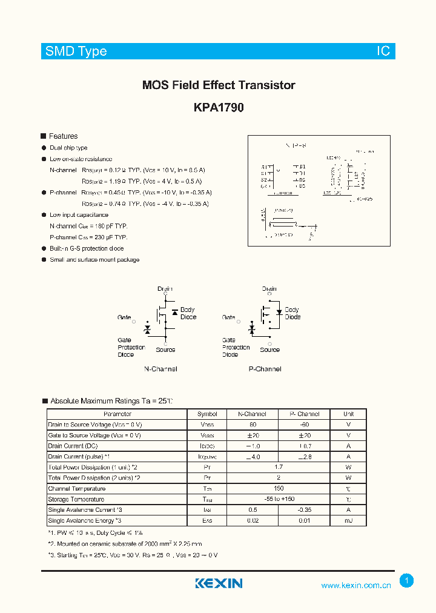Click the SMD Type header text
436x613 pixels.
coord(76,51)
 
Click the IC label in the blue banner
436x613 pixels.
coord(384,51)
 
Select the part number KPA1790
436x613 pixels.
coord(219,107)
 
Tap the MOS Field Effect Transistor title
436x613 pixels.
coord(219,85)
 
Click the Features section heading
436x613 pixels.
coord(63,136)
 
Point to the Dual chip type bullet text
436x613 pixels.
coord(68,148)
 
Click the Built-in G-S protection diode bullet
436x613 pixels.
coord(87,248)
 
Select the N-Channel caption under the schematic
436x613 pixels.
coord(160,369)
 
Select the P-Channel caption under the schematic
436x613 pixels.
coord(265,369)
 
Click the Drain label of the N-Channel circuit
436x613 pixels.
coord(165,289)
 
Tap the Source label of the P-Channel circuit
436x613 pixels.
coord(269,350)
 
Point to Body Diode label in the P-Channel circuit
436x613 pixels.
coord(292,313)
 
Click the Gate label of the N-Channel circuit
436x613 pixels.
coord(124,317)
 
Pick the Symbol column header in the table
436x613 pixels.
coord(207,414)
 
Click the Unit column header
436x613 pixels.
coord(348,414)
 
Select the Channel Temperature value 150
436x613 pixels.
coord(279,488)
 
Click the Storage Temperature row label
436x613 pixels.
coord(76,499)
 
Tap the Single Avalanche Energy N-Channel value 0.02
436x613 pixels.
coord(253,520)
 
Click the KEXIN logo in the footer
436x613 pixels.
coord(219,583)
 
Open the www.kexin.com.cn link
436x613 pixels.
coord(355,585)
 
